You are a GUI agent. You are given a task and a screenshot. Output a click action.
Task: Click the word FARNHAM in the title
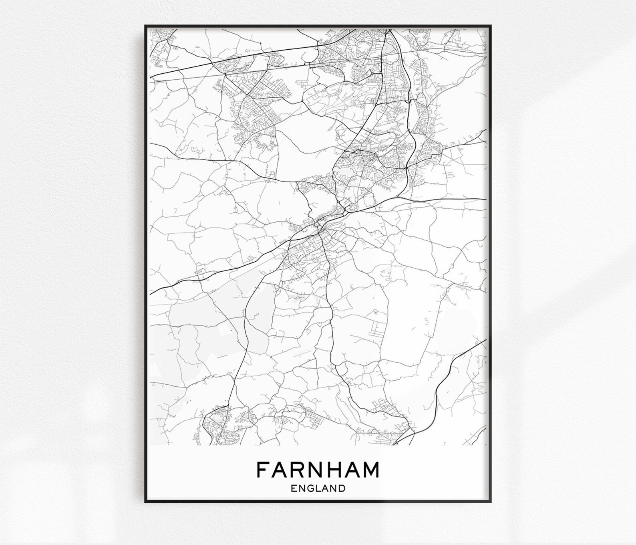[318, 470]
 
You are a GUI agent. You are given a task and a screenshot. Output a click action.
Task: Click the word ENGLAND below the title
[318, 488]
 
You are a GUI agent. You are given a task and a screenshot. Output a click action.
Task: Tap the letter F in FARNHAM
[262, 470]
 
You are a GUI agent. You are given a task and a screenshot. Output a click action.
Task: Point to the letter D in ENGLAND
[342, 488]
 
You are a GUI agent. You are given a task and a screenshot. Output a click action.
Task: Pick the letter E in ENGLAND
[294, 488]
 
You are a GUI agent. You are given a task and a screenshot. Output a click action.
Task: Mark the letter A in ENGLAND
[326, 488]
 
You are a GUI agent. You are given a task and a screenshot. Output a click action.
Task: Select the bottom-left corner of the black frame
[146, 501]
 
